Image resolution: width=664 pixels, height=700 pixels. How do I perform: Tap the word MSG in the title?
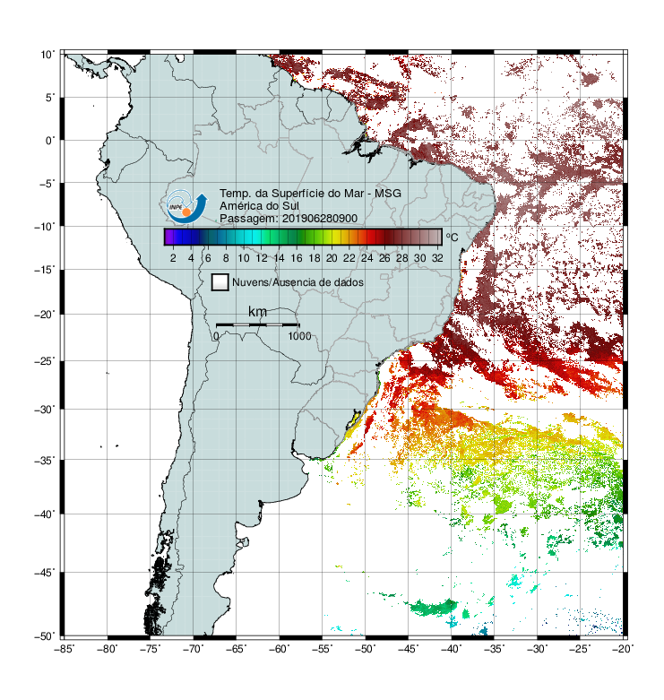click(387, 194)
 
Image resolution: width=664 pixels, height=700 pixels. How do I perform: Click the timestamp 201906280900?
click(320, 219)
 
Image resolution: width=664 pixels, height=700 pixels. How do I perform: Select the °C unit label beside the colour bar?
click(452, 237)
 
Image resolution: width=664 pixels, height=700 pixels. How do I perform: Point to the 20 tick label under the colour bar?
click(332, 258)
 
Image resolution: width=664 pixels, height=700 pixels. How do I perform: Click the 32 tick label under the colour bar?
click(437, 258)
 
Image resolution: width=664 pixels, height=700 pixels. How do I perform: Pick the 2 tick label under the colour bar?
click(173, 258)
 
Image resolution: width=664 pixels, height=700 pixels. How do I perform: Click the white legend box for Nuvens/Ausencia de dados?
click(220, 282)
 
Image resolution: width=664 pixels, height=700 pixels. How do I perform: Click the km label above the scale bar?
click(257, 312)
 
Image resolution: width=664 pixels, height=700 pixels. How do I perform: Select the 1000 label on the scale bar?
click(299, 336)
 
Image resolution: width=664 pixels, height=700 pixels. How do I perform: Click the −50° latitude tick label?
click(45, 636)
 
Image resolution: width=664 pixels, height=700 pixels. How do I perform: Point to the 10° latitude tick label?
click(47, 55)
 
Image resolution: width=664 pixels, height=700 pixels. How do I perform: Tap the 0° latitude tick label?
click(50, 141)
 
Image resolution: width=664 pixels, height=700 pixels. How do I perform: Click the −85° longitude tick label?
click(65, 649)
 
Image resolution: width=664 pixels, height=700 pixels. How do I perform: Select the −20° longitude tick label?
click(624, 649)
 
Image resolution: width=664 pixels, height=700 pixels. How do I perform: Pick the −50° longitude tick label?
click(366, 649)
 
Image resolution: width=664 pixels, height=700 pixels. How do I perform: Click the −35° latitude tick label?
click(45, 461)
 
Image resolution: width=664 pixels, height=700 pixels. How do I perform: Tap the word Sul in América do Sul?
click(291, 206)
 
